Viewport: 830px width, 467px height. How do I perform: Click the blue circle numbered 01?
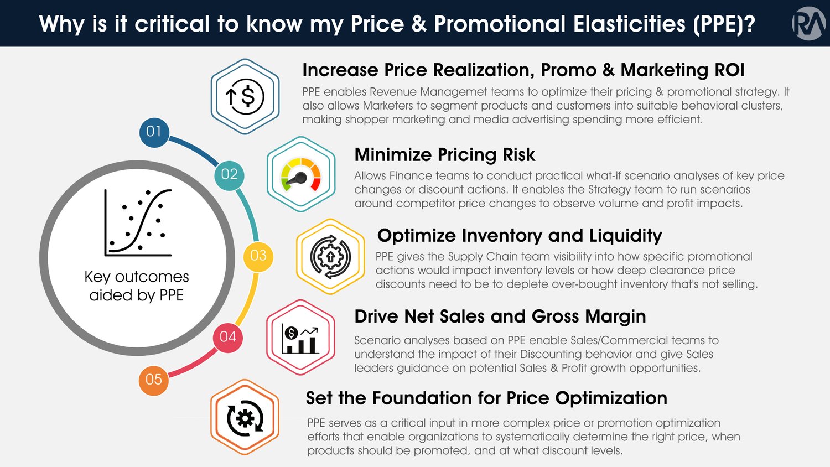point(154,132)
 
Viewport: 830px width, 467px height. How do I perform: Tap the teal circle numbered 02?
point(229,175)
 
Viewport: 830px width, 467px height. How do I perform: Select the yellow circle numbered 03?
point(258,256)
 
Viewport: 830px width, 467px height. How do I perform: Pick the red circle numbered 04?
point(228,337)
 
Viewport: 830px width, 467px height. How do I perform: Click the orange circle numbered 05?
point(154,380)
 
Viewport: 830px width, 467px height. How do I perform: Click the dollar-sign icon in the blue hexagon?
point(245,97)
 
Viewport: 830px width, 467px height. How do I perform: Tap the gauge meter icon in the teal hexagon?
point(301,175)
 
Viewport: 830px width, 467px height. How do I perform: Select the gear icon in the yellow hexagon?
point(330,256)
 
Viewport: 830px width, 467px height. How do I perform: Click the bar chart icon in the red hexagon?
point(300,338)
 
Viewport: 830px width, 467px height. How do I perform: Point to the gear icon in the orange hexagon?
point(245,418)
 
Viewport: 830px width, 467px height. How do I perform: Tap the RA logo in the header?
point(808,23)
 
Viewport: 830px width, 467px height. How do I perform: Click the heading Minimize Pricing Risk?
point(444,155)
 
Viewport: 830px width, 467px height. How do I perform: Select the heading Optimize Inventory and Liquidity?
point(519,236)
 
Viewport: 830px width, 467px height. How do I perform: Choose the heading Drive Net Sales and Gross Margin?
point(500,316)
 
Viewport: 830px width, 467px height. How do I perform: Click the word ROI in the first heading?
point(729,70)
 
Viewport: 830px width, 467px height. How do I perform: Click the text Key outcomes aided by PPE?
point(137,286)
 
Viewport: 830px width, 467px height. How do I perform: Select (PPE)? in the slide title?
point(724,24)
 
